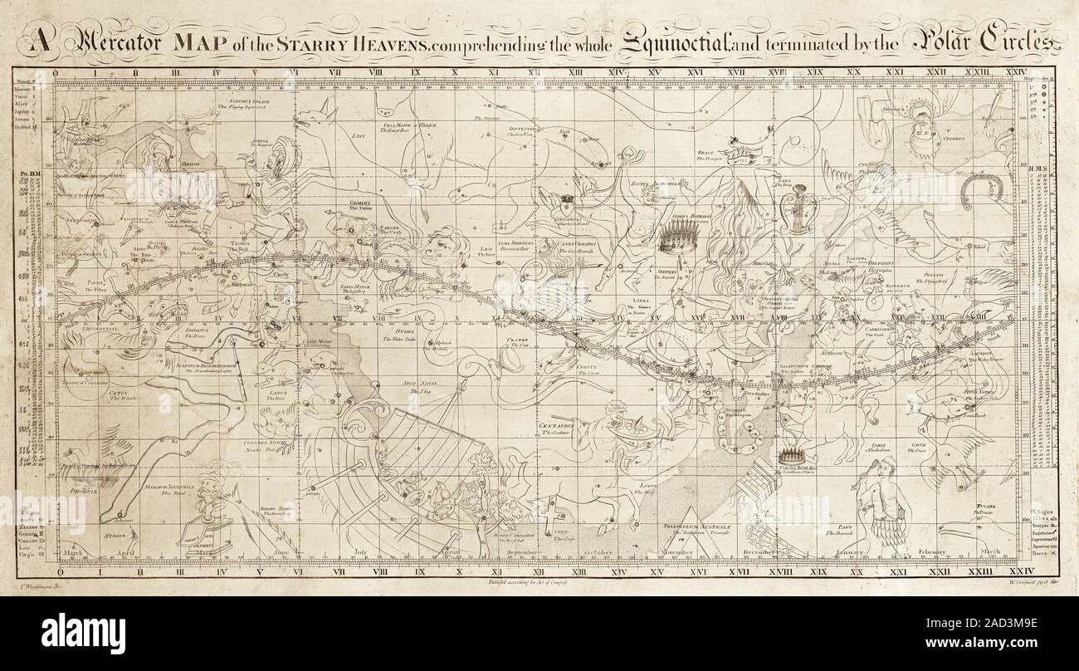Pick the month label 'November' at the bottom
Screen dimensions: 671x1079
click(x=675, y=552)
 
